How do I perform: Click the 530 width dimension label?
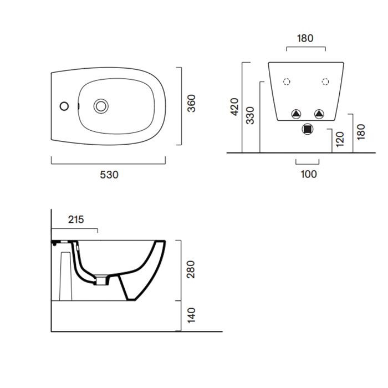point(109,175)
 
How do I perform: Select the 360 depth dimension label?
point(192,104)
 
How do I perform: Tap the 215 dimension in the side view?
point(76,219)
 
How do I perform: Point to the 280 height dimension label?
point(191,269)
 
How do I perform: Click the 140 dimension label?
point(191,315)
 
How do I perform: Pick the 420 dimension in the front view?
point(234,106)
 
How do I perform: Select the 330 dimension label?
point(250,115)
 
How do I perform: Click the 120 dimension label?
point(340,139)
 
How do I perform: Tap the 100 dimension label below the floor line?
point(309,175)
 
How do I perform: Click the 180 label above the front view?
point(305,38)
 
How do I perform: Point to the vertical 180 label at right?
point(361,132)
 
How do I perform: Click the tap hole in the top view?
point(64,106)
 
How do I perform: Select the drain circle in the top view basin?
point(101,106)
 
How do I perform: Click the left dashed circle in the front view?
point(287,81)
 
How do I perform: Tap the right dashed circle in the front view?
point(325,81)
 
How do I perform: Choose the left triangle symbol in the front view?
point(296,114)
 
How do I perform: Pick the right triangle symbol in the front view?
point(319,114)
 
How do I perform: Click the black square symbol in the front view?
point(308,129)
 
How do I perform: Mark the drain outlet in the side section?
point(101,281)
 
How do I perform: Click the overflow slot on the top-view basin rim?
point(79,106)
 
